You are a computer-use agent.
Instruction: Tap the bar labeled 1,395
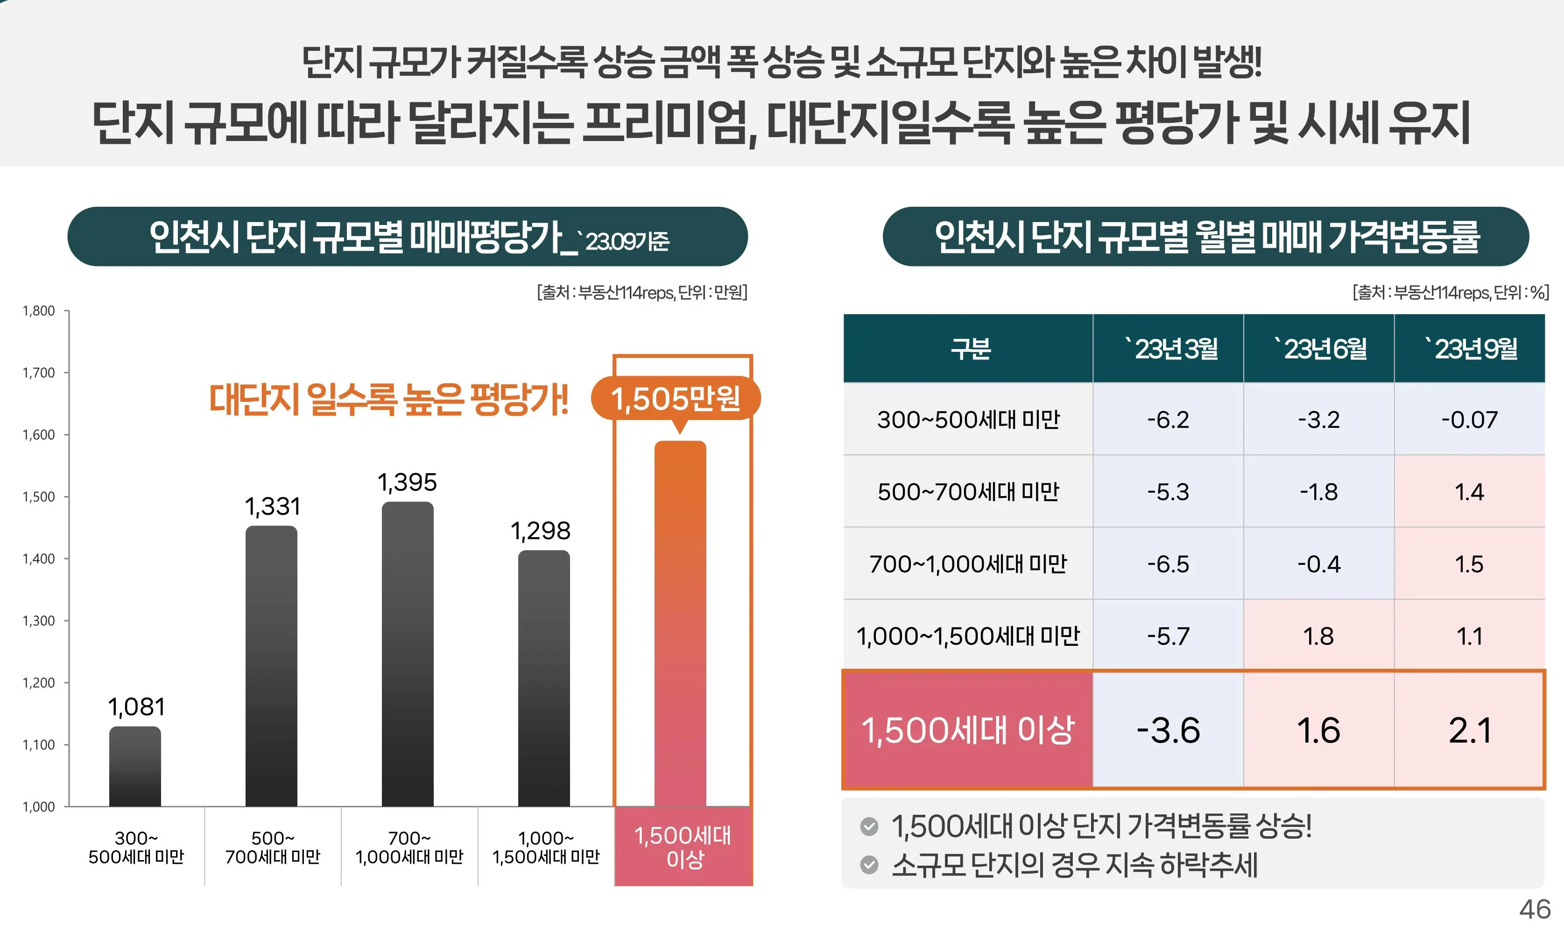click(x=408, y=654)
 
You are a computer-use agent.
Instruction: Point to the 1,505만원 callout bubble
click(x=676, y=399)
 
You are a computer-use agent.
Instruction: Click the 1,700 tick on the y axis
click(x=39, y=372)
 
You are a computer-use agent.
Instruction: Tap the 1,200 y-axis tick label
click(x=39, y=683)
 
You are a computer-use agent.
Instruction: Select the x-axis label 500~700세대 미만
click(x=273, y=847)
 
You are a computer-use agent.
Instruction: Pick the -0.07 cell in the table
click(x=1469, y=420)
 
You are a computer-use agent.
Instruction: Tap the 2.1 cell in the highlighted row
click(x=1469, y=730)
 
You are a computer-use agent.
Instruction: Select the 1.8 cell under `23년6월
click(x=1318, y=636)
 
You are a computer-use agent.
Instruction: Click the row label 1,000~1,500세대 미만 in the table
click(x=967, y=636)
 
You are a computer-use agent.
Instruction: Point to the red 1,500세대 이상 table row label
click(x=967, y=730)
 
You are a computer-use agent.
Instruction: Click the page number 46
click(x=1535, y=910)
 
